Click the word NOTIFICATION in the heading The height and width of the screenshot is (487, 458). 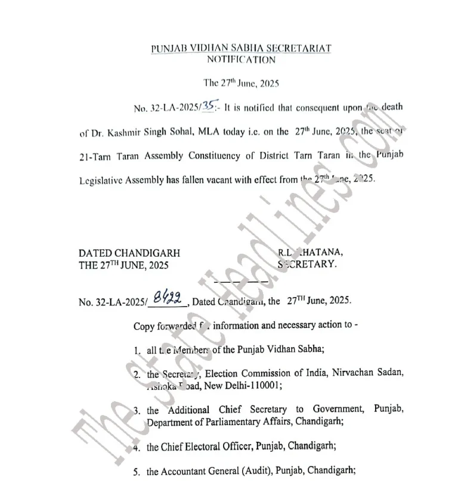pos(241,60)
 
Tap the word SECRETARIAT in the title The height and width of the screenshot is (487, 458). pos(296,48)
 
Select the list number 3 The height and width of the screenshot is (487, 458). pos(137,410)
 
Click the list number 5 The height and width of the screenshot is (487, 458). pos(137,472)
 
